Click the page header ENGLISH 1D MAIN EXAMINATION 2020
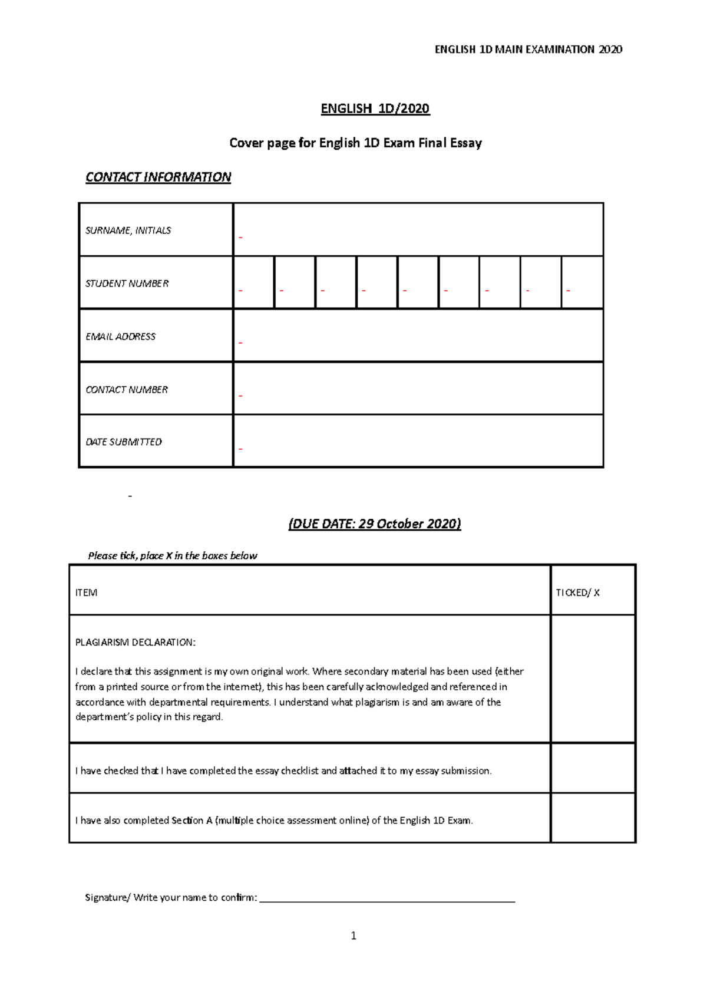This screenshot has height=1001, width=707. tap(528, 50)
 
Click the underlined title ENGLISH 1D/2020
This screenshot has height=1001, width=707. tap(375, 108)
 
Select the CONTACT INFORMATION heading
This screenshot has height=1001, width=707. tap(158, 177)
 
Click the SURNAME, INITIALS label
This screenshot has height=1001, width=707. tap(128, 231)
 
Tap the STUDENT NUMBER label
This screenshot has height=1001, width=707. tap(127, 284)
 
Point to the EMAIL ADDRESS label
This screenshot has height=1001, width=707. tap(120, 337)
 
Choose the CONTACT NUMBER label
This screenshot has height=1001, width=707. tap(126, 390)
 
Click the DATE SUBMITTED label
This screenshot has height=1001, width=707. tap(123, 442)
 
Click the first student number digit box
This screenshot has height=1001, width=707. tap(254, 282)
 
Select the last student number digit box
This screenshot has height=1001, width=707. tap(582, 282)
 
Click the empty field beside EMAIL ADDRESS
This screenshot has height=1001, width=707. tap(418, 335)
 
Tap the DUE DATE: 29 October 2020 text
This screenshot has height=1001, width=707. tap(375, 523)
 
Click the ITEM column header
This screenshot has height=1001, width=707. tap(86, 592)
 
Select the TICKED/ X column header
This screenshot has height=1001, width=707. tap(577, 592)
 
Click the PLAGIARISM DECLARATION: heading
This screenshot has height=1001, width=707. tap(135, 643)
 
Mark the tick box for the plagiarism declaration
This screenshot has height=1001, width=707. tap(593, 679)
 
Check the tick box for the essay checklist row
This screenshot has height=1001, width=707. tap(593, 768)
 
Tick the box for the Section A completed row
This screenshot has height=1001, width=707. tap(593, 818)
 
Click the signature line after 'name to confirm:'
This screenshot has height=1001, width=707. tap(387, 898)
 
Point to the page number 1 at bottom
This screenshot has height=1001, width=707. tap(353, 936)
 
